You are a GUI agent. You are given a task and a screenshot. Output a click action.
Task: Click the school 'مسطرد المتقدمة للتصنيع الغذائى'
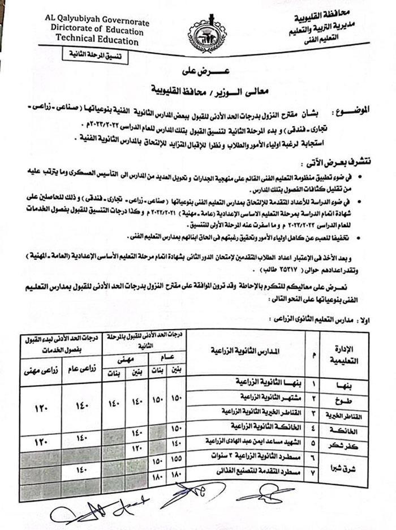pyautogui.click(x=261, y=471)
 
